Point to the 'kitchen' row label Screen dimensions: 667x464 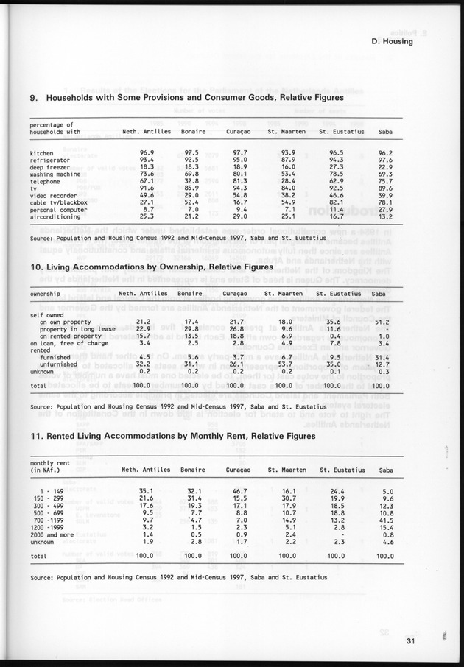click(x=42, y=152)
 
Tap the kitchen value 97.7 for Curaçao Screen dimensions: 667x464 click(x=236, y=152)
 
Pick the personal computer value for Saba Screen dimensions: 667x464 click(x=385, y=210)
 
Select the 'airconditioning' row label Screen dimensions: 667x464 click(x=55, y=218)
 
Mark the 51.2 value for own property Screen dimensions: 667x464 click(x=381, y=321)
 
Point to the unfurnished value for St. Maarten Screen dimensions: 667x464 click(x=284, y=363)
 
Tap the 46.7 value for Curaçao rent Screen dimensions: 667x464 click(x=236, y=491)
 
